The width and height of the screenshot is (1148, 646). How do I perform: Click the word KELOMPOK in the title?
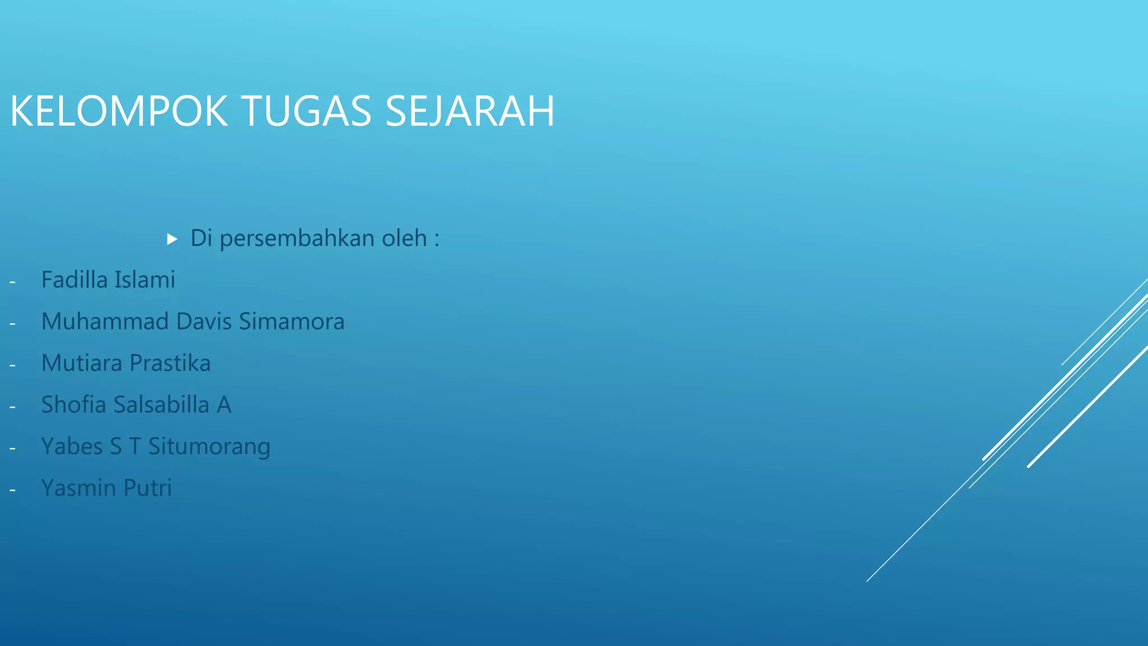(119, 111)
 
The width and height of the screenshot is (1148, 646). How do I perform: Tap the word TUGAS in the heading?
(307, 111)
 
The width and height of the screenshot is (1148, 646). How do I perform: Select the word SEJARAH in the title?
(470, 111)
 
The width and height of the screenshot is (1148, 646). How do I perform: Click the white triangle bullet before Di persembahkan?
(172, 239)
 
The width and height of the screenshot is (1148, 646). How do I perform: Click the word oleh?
(404, 238)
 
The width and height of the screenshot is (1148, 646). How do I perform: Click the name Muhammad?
(105, 321)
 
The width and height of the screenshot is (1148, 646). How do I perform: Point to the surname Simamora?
(291, 321)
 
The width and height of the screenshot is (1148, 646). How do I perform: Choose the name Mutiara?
(81, 363)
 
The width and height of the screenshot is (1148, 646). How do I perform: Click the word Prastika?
(170, 363)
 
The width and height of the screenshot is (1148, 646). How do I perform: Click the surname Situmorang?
(209, 447)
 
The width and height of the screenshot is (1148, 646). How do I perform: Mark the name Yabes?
(72, 446)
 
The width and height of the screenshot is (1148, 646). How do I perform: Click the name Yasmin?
(78, 488)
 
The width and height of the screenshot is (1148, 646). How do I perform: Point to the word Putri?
(147, 488)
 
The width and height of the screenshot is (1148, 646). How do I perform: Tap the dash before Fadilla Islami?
(12, 282)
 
